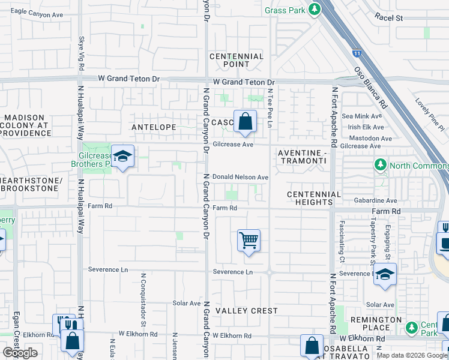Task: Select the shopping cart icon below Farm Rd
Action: coord(249,241)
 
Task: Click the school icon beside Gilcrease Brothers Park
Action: coord(122,157)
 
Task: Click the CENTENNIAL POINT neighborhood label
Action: coord(237,60)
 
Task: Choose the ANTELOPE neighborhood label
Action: coord(154,127)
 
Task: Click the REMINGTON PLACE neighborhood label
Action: coord(376,324)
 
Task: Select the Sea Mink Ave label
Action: coord(361,116)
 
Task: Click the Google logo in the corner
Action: coord(20,353)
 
